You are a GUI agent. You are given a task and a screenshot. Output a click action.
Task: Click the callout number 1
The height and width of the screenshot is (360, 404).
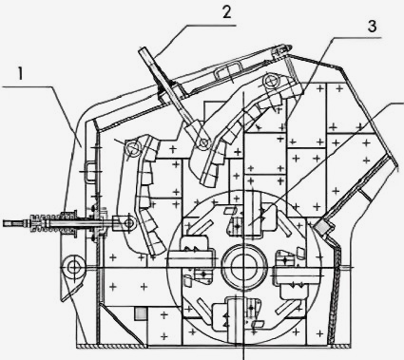[x=21, y=74]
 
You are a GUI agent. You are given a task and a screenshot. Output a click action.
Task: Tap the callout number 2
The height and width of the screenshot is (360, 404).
[x=226, y=12]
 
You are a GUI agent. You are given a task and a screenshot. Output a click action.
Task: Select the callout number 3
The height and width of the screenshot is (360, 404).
[x=372, y=27]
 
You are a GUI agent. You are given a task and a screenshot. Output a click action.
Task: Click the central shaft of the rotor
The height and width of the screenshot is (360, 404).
[x=244, y=267]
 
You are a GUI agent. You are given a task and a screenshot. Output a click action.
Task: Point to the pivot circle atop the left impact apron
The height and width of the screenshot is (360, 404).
[x=133, y=148]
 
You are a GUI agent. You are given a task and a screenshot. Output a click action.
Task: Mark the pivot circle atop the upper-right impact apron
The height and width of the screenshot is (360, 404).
[x=271, y=82]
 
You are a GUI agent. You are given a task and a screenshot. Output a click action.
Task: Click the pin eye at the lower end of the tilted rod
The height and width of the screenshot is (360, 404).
[x=203, y=142]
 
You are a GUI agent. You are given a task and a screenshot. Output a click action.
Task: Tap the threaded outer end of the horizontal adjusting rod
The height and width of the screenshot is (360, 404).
[x=16, y=223]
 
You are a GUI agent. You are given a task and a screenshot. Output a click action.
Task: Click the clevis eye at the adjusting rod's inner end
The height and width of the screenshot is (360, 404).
[x=128, y=223]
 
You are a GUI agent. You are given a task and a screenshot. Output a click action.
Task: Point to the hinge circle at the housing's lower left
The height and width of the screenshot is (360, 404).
[x=73, y=268]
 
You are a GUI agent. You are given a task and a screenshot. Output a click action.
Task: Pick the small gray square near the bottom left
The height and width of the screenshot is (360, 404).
[x=141, y=314]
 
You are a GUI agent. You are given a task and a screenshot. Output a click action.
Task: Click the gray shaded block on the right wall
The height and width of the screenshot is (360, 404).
[x=321, y=227]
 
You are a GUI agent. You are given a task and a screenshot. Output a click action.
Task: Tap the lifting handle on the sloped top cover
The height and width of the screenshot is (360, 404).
[x=227, y=70]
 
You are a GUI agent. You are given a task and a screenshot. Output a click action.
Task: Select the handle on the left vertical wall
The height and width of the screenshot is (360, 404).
[x=89, y=171]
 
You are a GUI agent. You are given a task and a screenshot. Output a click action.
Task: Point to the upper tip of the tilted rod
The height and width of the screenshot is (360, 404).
[x=143, y=50]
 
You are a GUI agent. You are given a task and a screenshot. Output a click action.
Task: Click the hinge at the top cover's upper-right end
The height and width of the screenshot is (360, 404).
[x=281, y=49]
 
